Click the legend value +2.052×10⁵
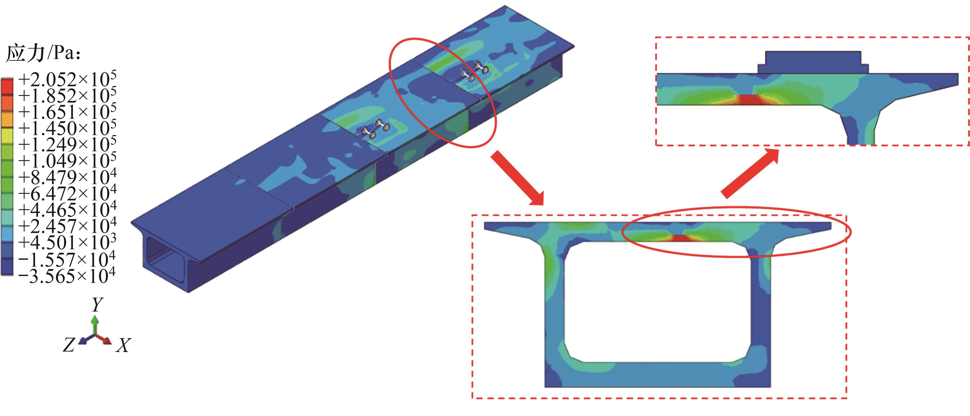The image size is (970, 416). click(x=67, y=79)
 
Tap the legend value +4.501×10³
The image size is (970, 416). click(x=67, y=242)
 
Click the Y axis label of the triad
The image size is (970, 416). click(x=98, y=305)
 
